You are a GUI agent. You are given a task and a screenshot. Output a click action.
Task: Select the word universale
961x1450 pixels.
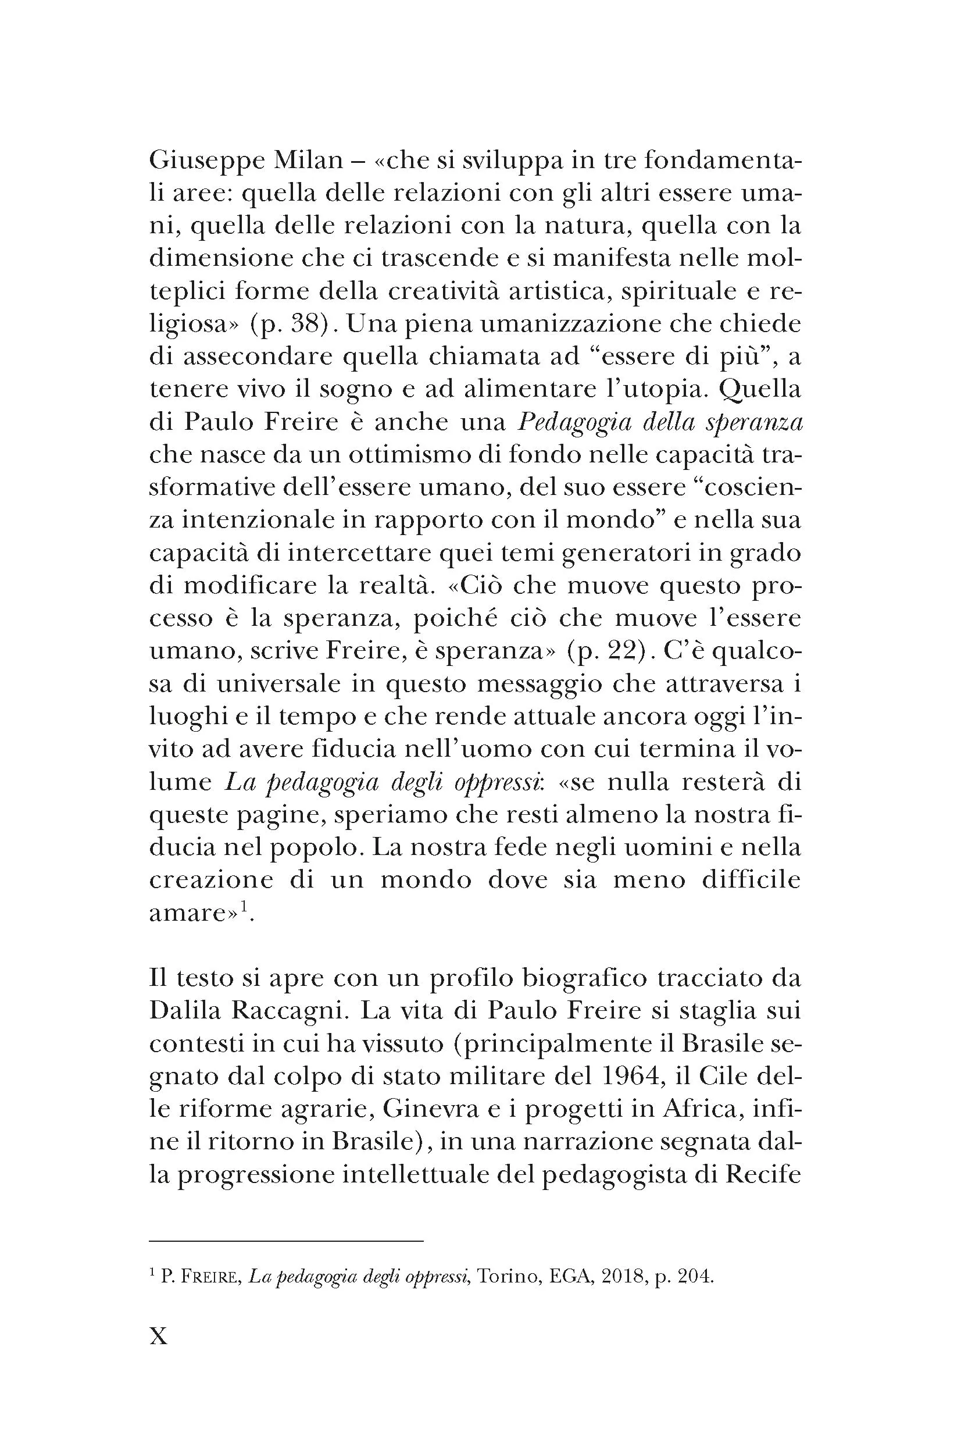[276, 683]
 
